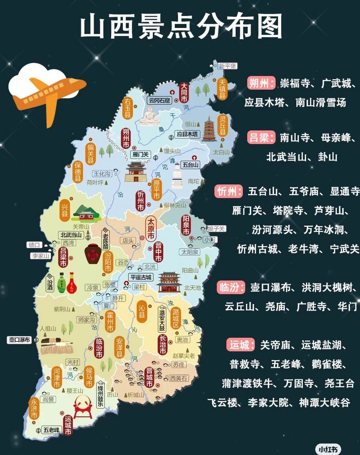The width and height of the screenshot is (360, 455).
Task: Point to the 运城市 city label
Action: [68, 425]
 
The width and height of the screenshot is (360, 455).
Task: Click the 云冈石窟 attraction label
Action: [160, 100]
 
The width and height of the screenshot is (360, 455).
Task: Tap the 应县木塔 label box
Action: [188, 134]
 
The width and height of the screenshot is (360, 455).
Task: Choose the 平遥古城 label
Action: [141, 277]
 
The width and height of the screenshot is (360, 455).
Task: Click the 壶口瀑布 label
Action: [20, 340]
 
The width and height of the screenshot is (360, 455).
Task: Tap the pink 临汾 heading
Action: [231, 287]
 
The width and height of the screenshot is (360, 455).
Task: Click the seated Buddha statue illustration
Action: [149, 117]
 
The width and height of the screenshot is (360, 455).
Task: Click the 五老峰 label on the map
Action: [52, 430]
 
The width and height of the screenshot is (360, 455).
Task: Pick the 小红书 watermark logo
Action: [329, 449]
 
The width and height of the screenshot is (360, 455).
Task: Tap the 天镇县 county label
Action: [222, 89]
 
